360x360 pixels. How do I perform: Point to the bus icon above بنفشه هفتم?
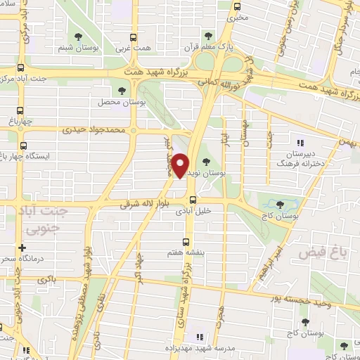pyautogui.click(x=186, y=239)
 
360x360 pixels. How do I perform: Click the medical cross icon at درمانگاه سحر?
pyautogui.click(x=22, y=247)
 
